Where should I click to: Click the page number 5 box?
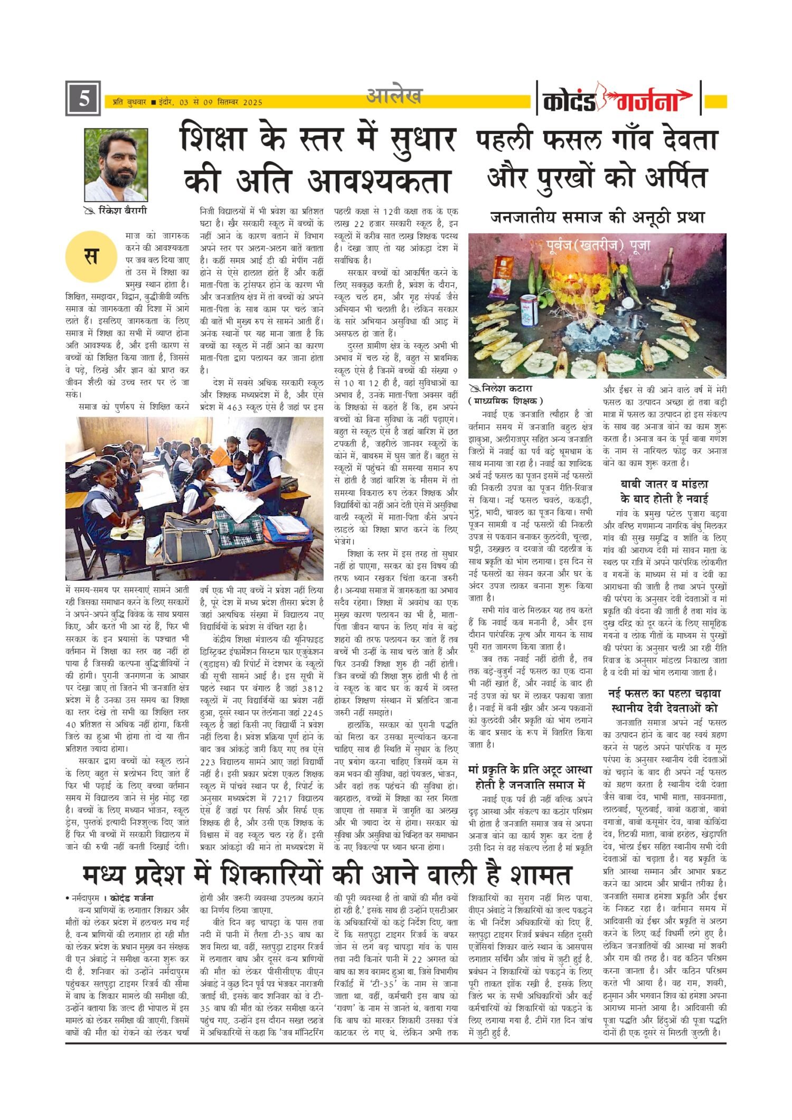(83, 99)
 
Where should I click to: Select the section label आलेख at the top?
(394, 96)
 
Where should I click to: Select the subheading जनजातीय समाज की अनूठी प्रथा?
(597, 217)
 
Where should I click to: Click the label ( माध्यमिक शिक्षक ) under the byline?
(505, 401)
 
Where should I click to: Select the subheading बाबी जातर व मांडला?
(664, 484)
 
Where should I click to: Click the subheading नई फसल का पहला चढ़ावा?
(664, 693)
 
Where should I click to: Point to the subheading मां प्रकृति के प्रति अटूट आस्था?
(530, 769)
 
